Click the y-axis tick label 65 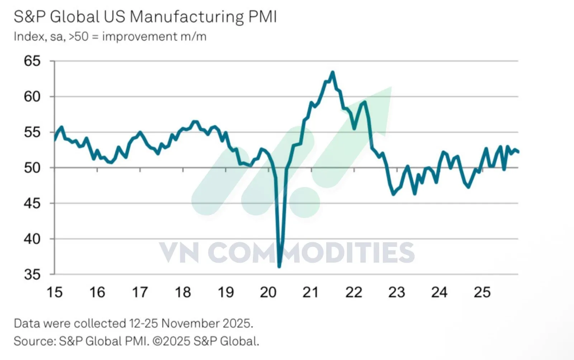tap(32, 61)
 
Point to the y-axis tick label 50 tap(32, 168)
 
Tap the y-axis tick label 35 tap(32, 275)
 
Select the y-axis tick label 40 tap(32, 239)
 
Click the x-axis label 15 tap(54, 293)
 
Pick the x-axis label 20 tap(268, 293)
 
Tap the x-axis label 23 tap(396, 293)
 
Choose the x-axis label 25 tap(482, 293)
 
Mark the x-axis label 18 tap(183, 293)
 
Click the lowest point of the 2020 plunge tap(279, 266)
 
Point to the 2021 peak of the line tap(333, 72)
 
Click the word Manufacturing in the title tap(186, 17)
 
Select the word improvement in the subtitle tap(140, 37)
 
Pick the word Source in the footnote tap(34, 341)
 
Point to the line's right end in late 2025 tap(518, 152)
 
